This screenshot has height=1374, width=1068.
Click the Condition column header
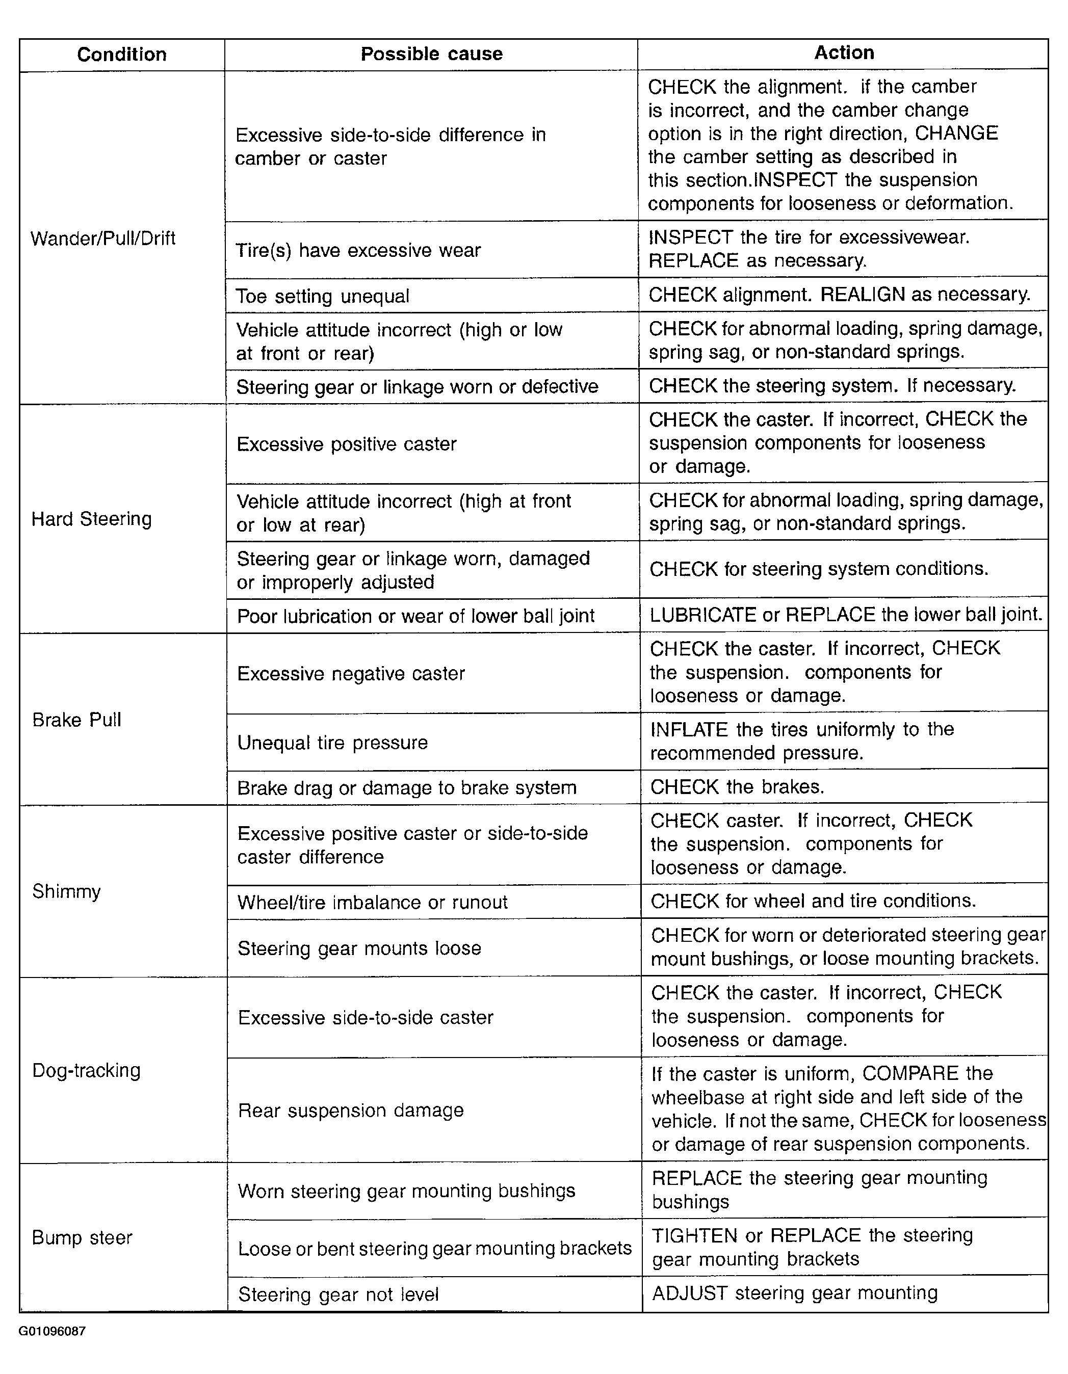point(121,55)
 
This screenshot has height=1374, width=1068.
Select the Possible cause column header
point(431,54)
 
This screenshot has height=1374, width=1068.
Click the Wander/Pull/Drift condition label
point(103,239)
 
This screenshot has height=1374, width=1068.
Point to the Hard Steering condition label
point(92,519)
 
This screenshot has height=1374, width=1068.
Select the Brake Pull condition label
point(77,720)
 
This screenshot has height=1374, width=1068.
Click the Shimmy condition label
point(67,891)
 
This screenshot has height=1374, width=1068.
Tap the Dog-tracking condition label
point(87,1070)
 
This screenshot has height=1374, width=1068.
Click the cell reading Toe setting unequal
point(322,296)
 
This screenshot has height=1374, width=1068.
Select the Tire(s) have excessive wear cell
point(358,250)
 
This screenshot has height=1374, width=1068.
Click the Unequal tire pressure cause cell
point(332,743)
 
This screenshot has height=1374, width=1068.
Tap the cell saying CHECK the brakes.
point(737,787)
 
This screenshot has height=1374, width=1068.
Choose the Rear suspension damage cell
point(351,1111)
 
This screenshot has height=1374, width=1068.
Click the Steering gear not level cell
point(338,1294)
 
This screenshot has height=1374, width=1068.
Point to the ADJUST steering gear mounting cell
point(794,1293)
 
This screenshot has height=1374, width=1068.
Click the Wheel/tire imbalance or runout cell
point(372,902)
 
